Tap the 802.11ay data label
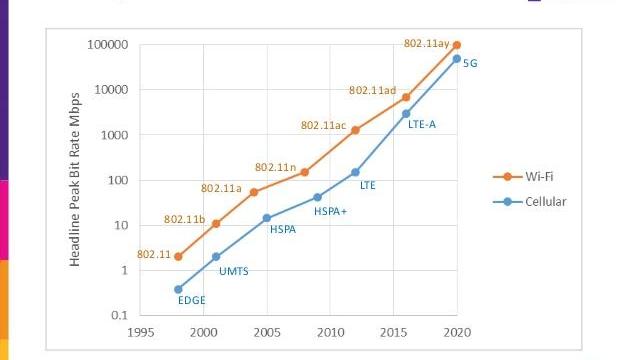[x=424, y=44]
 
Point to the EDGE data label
[x=191, y=299]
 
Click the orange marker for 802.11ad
[x=406, y=97]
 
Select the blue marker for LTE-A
[x=406, y=113]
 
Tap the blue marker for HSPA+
[x=317, y=197]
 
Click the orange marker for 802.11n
[x=305, y=172]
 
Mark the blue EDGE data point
[x=178, y=289]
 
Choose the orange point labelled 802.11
[x=178, y=256]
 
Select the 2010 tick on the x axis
[x=330, y=332]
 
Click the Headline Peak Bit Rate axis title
[x=75, y=180]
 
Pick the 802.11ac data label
[x=323, y=126]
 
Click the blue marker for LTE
[x=355, y=172]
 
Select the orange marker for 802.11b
[x=216, y=223]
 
